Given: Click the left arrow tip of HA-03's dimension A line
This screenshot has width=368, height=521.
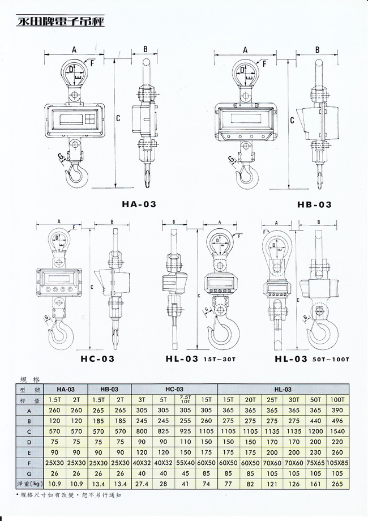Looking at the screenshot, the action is point(45,53).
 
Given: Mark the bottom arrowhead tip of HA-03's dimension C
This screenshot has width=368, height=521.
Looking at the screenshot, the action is point(115,188).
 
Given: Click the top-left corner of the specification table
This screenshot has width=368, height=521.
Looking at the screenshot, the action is point(16,384).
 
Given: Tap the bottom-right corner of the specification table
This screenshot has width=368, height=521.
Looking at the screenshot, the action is point(349,489).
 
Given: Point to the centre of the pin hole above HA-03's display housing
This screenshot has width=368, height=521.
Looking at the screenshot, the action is point(74,95).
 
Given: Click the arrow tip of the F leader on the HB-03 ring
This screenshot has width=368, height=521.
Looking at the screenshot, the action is point(256,63).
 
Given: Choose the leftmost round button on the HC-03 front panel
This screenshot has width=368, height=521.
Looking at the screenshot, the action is point(48,289).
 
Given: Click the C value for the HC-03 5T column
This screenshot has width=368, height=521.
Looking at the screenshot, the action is point(163,432).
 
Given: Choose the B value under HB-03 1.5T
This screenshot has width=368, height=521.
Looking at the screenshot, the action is point(99,421).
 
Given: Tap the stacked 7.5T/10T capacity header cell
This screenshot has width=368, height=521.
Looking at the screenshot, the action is point(185,400).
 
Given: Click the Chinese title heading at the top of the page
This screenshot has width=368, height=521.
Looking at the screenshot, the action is point(60,21).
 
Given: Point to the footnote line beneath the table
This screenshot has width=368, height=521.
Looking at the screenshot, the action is point(69,495).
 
